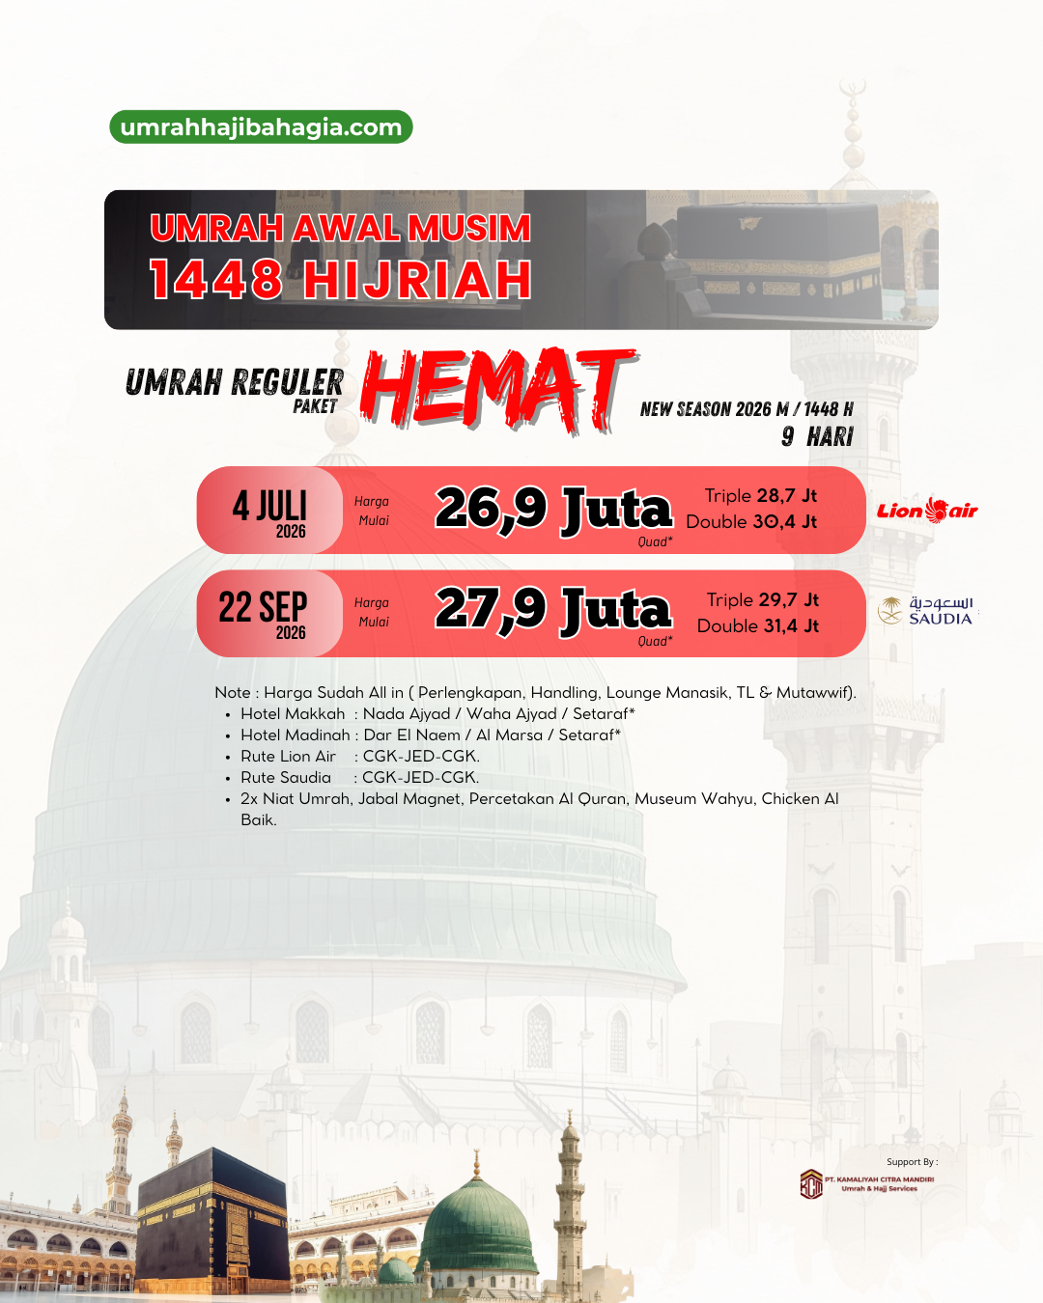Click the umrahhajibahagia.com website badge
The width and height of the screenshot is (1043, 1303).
[x=261, y=127]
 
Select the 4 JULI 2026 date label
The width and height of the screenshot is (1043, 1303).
[x=269, y=513]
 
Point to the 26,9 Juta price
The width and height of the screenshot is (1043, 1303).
[x=552, y=509]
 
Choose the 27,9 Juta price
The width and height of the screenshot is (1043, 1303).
[x=552, y=610]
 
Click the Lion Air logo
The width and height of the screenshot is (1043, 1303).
[x=927, y=511]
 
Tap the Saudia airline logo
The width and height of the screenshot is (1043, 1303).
[x=926, y=611]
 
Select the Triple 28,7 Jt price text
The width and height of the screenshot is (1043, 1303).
[x=760, y=496]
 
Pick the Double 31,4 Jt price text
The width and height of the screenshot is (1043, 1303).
[x=757, y=626]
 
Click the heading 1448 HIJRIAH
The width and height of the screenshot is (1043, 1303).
[x=340, y=280]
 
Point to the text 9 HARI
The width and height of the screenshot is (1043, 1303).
[x=817, y=437]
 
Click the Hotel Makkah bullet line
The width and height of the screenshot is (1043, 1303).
[x=437, y=714]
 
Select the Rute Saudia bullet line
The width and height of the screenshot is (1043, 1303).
[x=359, y=778]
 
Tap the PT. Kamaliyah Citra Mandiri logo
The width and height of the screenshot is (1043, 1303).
[x=811, y=1184]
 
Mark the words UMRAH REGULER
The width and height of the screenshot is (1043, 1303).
[x=234, y=383]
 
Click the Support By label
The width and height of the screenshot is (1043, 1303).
[x=912, y=1162]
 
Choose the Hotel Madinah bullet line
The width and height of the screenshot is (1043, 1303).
[x=431, y=735]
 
